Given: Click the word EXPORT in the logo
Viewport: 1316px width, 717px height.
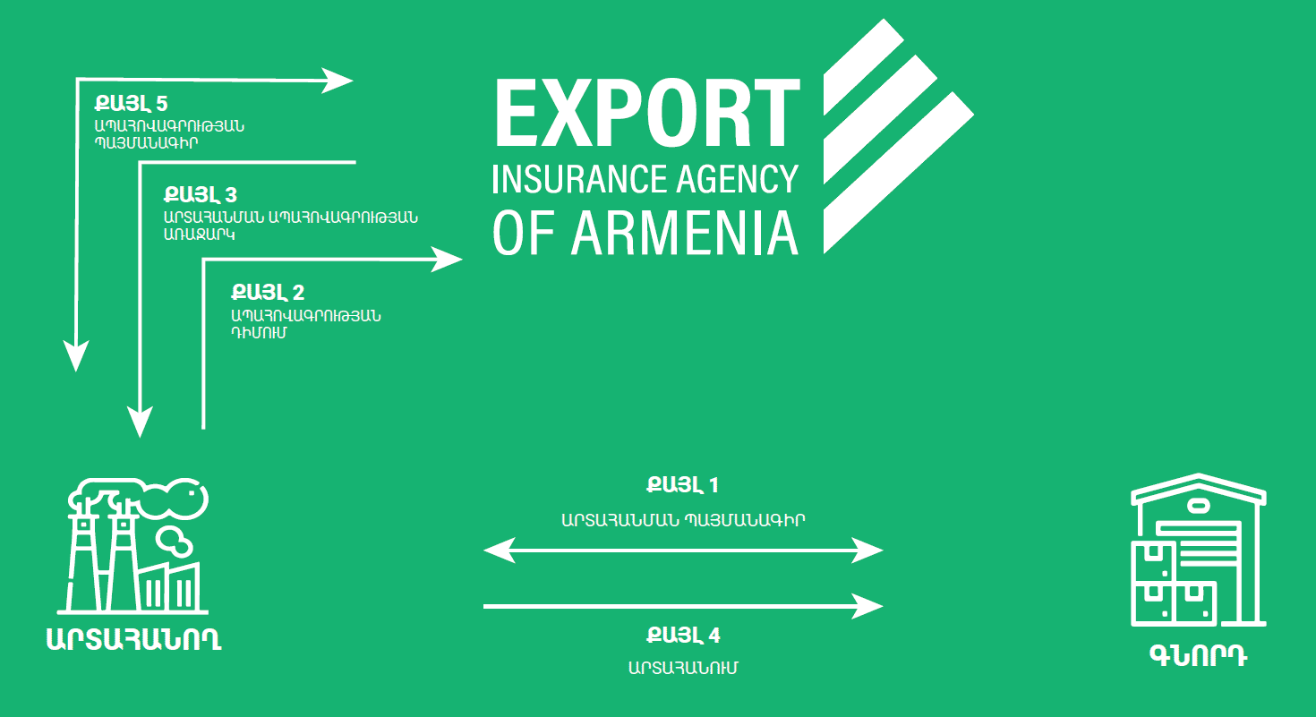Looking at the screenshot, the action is click(647, 112).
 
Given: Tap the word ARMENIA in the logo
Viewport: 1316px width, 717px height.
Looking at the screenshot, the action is click(685, 234).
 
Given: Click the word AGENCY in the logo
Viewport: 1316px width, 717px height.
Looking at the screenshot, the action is click(738, 179).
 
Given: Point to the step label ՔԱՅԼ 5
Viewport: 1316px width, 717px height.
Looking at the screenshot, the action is click(131, 103).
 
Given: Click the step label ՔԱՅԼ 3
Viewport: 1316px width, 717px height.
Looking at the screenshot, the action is click(201, 194).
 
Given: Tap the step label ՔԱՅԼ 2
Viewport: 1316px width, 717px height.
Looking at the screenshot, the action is click(268, 292).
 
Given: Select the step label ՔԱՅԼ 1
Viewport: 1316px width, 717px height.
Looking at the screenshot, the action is click(682, 485).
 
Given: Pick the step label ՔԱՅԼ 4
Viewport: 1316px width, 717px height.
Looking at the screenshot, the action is click(683, 635).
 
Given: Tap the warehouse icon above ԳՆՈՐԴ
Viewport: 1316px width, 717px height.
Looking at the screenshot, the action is click(1199, 551).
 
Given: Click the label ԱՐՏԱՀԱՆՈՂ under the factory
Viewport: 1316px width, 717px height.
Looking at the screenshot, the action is click(134, 639).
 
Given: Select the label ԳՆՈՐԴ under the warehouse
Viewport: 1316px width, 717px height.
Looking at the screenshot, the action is click(1199, 656).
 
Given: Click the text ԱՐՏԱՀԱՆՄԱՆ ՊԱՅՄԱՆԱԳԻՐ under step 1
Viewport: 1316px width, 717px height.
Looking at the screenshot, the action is click(683, 520).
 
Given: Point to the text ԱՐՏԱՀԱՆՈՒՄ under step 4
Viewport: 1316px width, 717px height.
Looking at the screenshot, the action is click(683, 668).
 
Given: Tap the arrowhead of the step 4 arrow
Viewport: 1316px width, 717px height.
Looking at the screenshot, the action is click(867, 606).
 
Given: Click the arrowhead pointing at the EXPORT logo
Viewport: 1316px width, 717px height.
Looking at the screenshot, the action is click(447, 259).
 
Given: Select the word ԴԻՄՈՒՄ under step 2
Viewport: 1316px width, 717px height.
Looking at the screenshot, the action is click(259, 333).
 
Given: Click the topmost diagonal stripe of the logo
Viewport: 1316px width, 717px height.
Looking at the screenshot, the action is click(864, 66).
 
